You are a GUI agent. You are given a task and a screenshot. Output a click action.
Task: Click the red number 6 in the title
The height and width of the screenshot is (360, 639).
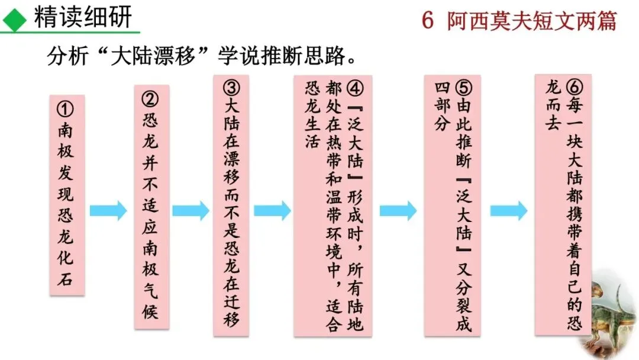(x=428, y=21)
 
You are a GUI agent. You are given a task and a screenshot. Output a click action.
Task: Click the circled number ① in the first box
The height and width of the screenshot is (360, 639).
(x=66, y=110)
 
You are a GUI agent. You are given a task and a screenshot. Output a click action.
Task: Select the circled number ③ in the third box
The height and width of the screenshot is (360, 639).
(x=231, y=89)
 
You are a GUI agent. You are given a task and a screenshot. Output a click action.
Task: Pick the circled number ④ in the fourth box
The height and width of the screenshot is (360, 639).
(x=354, y=89)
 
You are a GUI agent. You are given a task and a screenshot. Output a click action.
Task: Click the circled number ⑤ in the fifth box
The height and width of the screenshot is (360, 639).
(x=464, y=89)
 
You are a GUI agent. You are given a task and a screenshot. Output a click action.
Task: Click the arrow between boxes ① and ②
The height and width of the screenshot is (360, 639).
(x=108, y=210)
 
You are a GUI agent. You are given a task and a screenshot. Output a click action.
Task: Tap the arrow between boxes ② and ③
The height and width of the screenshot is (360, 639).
(x=191, y=210)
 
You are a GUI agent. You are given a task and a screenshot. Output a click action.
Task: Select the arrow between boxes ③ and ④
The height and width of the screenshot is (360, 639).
(x=272, y=210)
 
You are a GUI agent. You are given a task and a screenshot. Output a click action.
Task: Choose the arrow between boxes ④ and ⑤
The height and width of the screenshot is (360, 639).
(x=398, y=210)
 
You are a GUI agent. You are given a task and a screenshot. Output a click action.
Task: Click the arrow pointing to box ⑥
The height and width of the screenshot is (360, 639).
(x=508, y=210)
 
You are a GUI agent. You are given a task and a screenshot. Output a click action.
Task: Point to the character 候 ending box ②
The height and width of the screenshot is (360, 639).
(x=150, y=311)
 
